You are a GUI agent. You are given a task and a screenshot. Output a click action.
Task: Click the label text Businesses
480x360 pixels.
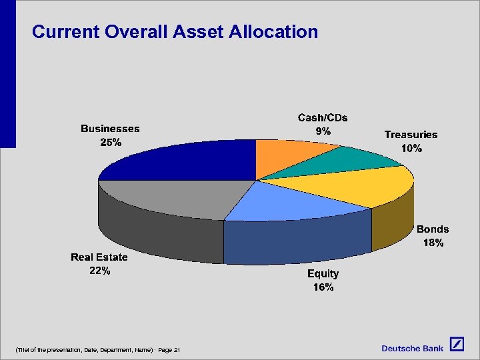(110, 128)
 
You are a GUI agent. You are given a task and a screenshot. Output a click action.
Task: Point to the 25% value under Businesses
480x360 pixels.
(110, 142)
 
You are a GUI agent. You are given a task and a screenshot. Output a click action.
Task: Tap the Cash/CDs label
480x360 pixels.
(323, 117)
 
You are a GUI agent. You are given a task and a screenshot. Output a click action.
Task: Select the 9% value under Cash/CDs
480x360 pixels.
(323, 131)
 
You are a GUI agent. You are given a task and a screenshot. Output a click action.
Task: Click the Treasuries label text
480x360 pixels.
(411, 134)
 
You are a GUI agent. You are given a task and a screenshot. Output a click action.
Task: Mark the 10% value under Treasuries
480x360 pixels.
(411, 149)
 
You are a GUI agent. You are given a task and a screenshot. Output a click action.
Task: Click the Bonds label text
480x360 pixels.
(433, 229)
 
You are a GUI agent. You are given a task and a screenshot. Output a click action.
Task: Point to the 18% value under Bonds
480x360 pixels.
(433, 243)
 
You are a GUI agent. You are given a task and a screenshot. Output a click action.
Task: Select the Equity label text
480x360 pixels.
(323, 273)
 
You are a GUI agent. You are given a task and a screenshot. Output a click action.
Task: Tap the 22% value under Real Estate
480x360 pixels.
(99, 271)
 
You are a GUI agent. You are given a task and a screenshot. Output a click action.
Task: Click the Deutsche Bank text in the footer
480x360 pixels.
(412, 348)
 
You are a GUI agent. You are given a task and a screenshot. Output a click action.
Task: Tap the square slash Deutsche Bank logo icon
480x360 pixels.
(457, 345)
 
